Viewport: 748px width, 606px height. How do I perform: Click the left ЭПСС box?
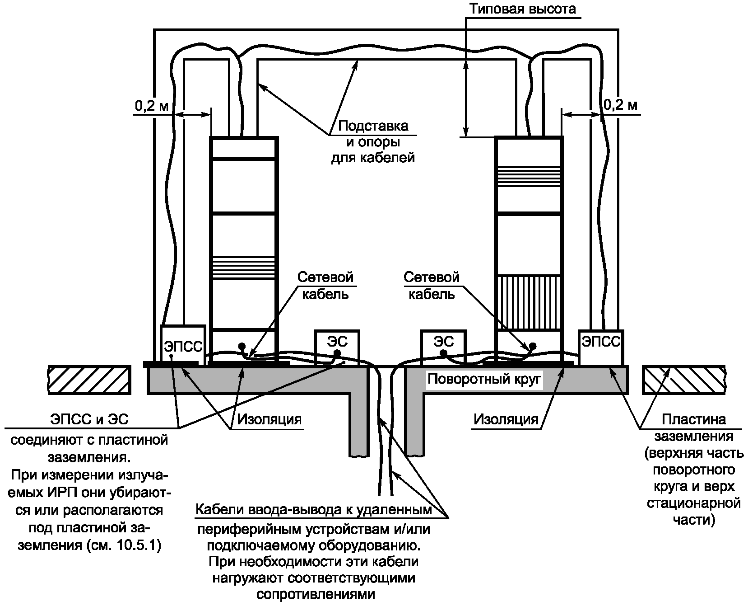tap(183, 343)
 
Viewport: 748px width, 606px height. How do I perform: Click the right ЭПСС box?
tap(601, 347)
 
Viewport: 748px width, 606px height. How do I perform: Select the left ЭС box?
tap(337, 347)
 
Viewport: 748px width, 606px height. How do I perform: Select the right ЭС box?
tap(443, 347)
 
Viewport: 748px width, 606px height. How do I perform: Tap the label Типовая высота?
tap(522, 9)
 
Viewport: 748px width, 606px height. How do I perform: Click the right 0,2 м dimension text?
tap(621, 106)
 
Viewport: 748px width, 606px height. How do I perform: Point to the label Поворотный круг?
tap(484, 379)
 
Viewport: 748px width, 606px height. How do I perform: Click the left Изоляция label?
tap(269, 419)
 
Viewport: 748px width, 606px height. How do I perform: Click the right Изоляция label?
tap(506, 419)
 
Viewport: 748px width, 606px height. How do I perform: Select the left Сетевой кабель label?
tap(325, 286)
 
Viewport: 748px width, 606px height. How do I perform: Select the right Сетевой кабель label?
tap(432, 286)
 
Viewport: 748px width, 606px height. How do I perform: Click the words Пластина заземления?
tap(693, 427)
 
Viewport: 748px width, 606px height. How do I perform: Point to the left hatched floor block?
tap(89, 380)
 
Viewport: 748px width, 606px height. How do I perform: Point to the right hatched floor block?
tap(683, 380)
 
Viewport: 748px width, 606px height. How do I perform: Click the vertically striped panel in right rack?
tap(529, 302)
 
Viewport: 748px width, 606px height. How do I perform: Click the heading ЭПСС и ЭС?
tap(89, 419)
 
